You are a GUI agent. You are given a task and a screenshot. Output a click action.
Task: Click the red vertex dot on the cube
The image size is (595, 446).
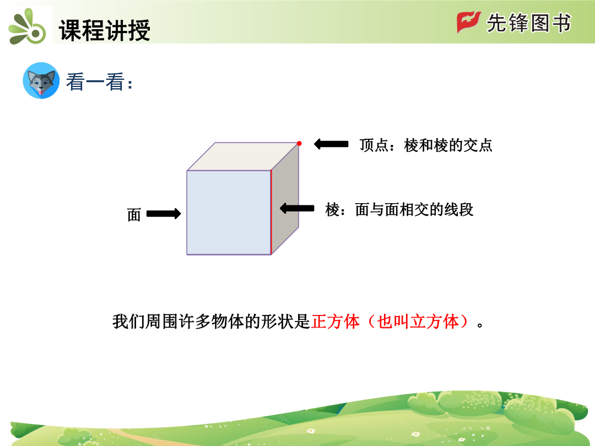[x=299, y=143]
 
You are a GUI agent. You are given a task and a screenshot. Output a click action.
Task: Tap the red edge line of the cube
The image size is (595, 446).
[x=271, y=213]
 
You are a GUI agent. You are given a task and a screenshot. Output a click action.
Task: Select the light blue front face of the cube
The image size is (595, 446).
[x=229, y=213]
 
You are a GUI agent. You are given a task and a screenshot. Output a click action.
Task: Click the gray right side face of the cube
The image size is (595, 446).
[x=285, y=199]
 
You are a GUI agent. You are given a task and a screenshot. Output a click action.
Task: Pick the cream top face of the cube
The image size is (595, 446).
[x=243, y=156]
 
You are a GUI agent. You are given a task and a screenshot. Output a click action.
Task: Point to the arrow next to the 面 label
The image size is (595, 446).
[x=164, y=214]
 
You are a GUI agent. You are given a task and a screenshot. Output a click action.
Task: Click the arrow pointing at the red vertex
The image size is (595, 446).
[x=331, y=144]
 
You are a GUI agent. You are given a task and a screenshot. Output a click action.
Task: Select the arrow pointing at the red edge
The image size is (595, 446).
[x=297, y=208]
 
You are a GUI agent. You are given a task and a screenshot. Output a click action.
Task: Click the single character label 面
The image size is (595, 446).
[x=134, y=215]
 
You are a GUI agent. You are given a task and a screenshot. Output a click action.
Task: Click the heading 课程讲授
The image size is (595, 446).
[x=105, y=30]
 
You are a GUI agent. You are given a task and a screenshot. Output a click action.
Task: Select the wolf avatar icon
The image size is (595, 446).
[x=41, y=81]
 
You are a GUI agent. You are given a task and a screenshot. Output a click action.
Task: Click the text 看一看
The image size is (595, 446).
[x=95, y=81]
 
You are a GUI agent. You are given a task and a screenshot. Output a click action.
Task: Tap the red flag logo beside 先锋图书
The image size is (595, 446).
[x=469, y=22]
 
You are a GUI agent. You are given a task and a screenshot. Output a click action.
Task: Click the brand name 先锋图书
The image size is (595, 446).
[x=529, y=23]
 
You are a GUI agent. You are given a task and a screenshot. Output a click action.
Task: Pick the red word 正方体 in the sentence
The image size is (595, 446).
[x=336, y=322]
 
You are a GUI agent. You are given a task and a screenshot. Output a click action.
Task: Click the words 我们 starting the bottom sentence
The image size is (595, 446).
[x=128, y=322]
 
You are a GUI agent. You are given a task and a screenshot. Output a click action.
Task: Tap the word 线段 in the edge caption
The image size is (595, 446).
[x=459, y=210]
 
